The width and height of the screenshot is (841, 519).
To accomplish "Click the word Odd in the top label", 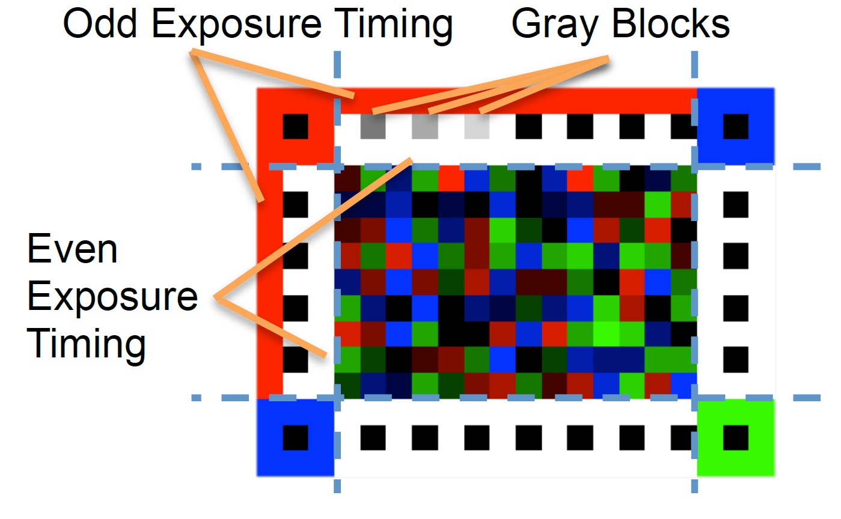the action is (100, 23).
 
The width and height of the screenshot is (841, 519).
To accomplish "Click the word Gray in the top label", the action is (554, 25).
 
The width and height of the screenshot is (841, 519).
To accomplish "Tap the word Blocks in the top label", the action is (671, 23).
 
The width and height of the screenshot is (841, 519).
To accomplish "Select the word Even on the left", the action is (72, 249).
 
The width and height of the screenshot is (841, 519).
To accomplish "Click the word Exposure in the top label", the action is (236, 25).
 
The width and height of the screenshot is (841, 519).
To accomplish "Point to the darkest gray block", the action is (373, 127).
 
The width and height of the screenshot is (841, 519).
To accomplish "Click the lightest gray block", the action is (477, 127).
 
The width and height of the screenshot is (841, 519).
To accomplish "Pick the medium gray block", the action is (424, 127).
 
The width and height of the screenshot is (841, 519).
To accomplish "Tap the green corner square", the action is (736, 437).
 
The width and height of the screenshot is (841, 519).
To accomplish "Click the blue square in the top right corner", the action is (736, 127).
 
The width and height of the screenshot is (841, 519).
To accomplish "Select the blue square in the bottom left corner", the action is (296, 437).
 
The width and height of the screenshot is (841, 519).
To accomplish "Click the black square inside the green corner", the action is (736, 437).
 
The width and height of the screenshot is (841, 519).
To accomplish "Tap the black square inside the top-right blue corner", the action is (736, 127).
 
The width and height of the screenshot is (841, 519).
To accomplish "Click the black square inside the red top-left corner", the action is (296, 127).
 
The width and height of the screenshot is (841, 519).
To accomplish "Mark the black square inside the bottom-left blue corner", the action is (296, 437).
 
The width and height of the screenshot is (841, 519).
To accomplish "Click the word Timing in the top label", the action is (394, 25).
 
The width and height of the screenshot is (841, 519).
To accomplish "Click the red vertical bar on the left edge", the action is (269, 282).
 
